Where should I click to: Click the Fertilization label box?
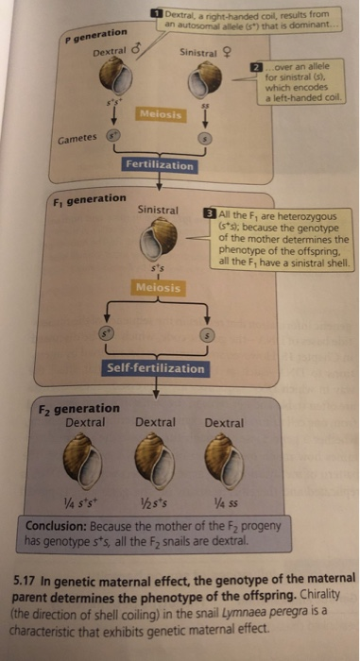pos(160,165)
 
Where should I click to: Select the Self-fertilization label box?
pos(156,367)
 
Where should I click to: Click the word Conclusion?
pos(60,526)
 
